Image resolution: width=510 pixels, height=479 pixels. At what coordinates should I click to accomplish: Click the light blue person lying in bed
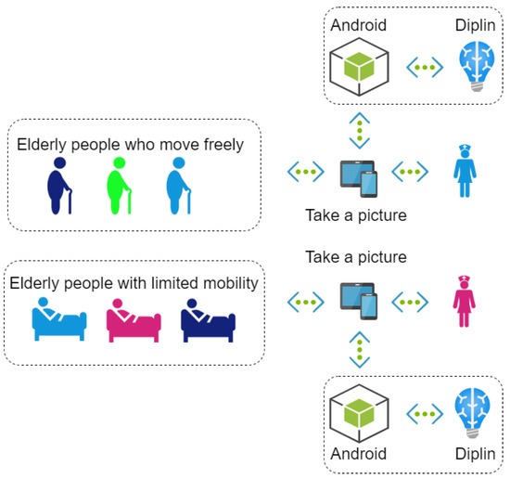pyautogui.click(x=59, y=320)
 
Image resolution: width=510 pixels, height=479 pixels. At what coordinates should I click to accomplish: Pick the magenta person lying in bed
pyautogui.click(x=134, y=320)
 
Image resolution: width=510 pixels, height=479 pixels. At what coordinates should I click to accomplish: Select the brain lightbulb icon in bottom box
pyautogui.click(x=478, y=411)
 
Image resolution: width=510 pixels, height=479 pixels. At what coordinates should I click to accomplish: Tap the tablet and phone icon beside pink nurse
pyautogui.click(x=358, y=301)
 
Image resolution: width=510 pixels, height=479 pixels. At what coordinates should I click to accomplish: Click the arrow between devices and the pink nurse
pyautogui.click(x=412, y=301)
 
